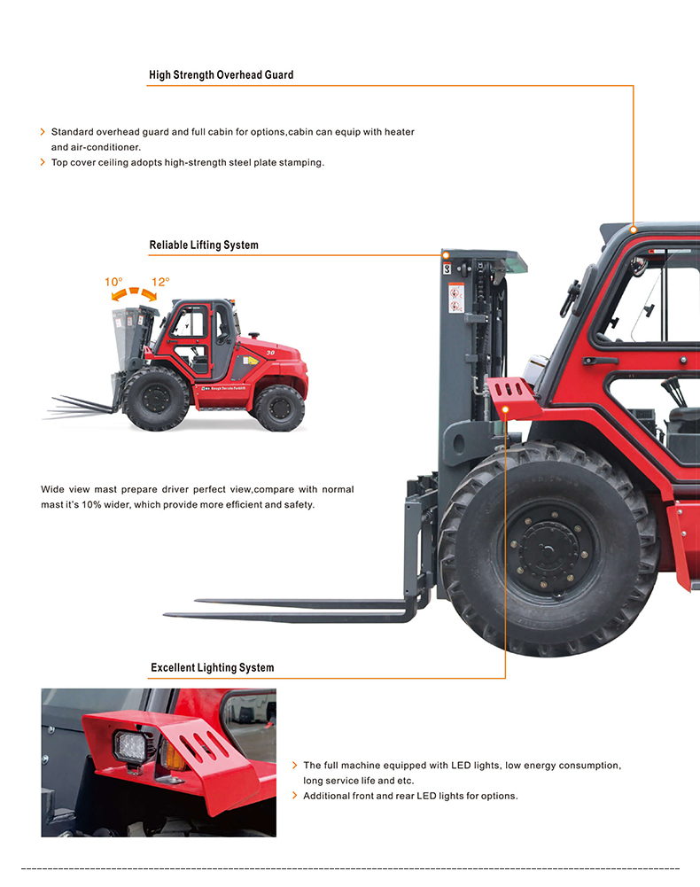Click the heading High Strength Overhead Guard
222,74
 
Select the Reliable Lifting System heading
204,245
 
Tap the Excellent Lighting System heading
212,667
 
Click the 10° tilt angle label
113,282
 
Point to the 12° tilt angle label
160,282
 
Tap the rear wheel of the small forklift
279,408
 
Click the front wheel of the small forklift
156,398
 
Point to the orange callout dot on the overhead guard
634,230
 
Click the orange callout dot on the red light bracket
505,409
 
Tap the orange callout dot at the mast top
446,256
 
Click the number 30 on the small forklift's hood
270,353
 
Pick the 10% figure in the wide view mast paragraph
90,504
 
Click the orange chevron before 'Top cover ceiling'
43,162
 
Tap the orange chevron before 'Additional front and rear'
294,796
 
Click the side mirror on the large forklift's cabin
571,298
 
